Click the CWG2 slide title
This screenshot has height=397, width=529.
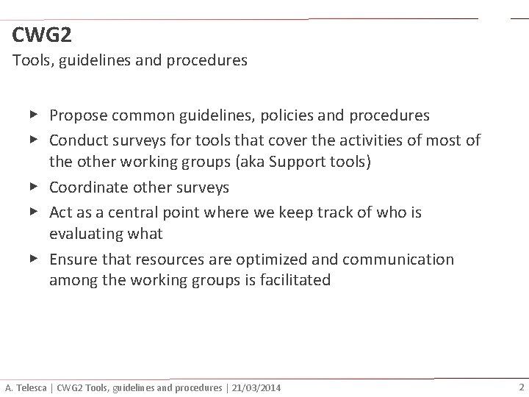[x=42, y=35]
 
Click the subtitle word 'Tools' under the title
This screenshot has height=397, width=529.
[x=30, y=60]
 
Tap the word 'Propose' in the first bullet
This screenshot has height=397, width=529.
[x=77, y=115]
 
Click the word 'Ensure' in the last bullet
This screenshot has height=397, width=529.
[x=72, y=260]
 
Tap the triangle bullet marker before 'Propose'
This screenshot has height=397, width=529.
[x=34, y=115]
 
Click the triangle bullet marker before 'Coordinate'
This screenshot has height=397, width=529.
[x=34, y=187]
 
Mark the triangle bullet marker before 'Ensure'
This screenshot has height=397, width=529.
[x=34, y=259]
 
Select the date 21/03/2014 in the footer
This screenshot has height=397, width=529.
[x=254, y=387]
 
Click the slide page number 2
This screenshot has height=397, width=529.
[x=521, y=387]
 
